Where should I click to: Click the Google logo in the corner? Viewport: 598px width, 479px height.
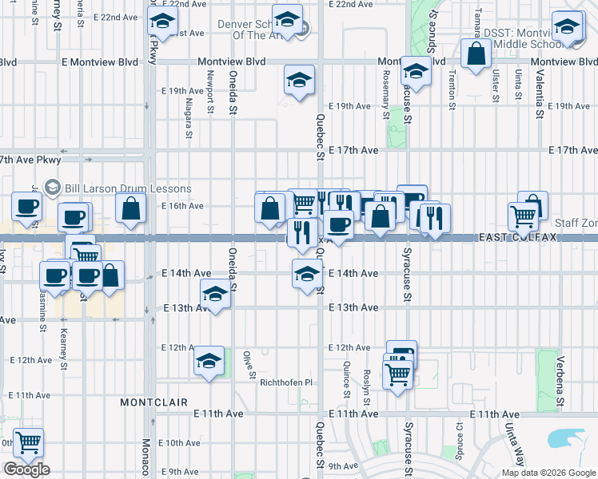click(26, 469)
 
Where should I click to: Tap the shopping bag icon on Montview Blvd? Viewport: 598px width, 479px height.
click(476, 54)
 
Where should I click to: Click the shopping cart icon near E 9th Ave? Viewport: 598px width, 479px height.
click(28, 442)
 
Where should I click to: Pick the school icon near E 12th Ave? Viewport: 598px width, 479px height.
click(209, 361)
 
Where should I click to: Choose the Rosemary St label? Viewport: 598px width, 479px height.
click(387, 89)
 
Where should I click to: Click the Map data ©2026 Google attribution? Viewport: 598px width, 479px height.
click(548, 473)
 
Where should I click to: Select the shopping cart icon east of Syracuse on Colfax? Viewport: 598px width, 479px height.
click(524, 214)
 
